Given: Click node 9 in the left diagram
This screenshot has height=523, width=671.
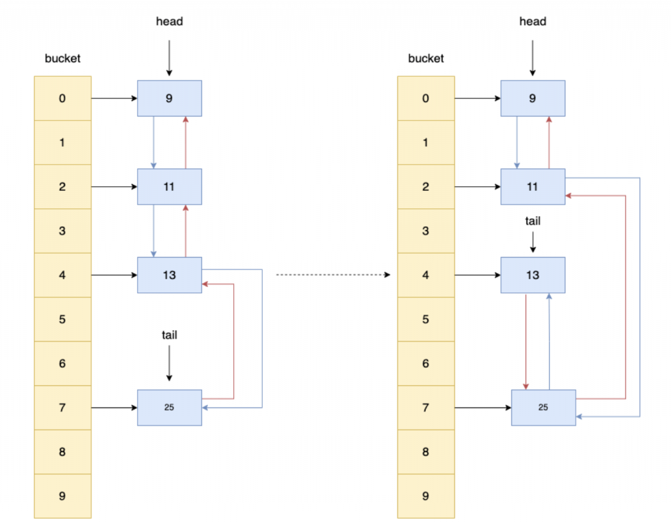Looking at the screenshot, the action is (x=170, y=98).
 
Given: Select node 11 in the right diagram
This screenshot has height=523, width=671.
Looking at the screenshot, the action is (x=533, y=187).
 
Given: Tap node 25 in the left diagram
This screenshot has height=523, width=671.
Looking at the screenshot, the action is (x=170, y=408).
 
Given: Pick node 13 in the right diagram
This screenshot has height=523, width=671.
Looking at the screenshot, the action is (x=533, y=275).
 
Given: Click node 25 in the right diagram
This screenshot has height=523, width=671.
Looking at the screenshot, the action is (x=543, y=408).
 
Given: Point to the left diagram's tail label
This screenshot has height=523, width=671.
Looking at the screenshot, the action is (x=170, y=335).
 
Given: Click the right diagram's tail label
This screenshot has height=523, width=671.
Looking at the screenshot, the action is (x=533, y=221).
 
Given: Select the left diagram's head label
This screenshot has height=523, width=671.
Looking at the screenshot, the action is (x=170, y=22).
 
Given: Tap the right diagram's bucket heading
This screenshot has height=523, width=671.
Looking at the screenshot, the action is (x=426, y=58).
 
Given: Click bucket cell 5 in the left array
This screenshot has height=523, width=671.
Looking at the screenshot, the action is (x=62, y=319).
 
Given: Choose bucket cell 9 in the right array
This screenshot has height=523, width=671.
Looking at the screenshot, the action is (x=426, y=496).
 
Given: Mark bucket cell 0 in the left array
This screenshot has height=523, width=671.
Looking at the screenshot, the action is (x=62, y=98).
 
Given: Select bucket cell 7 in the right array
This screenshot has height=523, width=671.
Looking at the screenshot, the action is (x=426, y=408).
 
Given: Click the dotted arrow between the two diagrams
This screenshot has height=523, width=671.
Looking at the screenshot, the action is (x=334, y=275).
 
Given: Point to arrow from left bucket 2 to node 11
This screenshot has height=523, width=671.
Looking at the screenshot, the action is (x=114, y=187).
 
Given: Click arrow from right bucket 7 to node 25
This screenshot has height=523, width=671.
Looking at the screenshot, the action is (x=483, y=408).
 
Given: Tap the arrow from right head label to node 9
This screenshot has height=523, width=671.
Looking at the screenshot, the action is (x=533, y=58).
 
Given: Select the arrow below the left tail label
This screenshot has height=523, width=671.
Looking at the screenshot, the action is (x=170, y=363).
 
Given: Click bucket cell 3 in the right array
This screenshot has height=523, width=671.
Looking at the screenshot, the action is (x=426, y=231).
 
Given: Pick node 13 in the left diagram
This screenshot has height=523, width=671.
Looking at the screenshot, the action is (x=170, y=275).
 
